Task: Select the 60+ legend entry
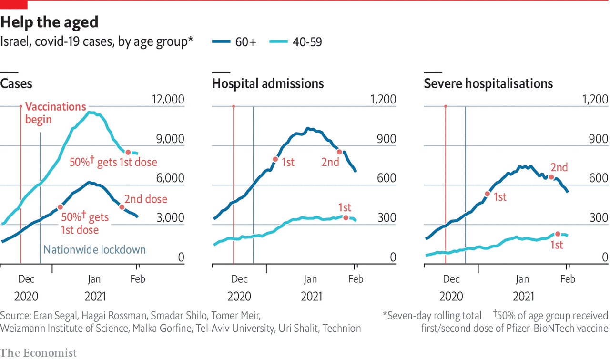[x=234, y=42]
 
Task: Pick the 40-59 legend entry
[x=295, y=42]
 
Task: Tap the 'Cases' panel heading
[x=16, y=84]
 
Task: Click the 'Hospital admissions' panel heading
[x=268, y=84]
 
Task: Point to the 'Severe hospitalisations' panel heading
[x=488, y=84]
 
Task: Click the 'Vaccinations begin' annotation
[x=55, y=113]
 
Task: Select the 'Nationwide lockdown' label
[x=94, y=250]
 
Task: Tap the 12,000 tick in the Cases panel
[x=167, y=100]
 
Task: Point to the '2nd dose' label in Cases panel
[x=146, y=199]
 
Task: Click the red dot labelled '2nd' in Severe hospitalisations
[x=551, y=177]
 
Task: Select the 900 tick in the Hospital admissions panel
[x=386, y=139]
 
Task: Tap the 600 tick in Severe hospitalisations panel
[x=599, y=178]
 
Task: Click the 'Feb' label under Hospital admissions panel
[x=356, y=279]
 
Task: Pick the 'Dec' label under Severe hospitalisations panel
[x=451, y=279]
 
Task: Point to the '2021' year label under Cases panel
[x=95, y=297]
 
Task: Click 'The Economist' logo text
[x=38, y=352]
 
